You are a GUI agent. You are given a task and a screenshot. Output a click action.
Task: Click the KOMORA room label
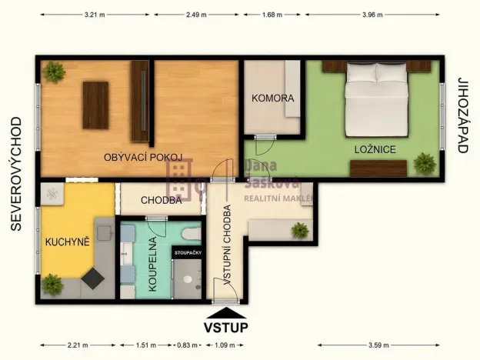(x=273, y=98)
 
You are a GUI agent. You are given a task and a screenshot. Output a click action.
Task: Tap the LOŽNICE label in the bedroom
(x=375, y=149)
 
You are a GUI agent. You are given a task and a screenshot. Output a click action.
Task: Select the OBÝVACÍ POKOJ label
(x=143, y=158)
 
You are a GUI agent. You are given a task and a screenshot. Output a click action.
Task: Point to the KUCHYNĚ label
(x=68, y=242)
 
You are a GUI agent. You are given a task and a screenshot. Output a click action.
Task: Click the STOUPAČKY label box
(x=188, y=253)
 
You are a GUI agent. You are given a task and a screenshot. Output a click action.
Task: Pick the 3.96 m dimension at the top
(x=372, y=15)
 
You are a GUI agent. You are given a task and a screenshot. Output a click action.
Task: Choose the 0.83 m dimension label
(x=188, y=345)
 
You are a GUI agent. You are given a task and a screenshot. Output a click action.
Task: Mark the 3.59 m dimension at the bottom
(x=378, y=345)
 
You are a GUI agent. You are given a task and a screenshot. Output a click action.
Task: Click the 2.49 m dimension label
(x=196, y=15)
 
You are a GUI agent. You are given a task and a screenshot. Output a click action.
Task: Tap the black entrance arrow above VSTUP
(x=226, y=314)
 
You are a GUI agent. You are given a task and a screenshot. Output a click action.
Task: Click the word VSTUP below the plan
(x=226, y=327)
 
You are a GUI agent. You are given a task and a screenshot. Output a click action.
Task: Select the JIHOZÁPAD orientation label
(x=463, y=115)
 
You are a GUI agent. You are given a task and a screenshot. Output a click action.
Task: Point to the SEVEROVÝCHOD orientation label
(x=16, y=174)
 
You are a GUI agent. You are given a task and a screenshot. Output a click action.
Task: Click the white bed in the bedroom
(x=376, y=99)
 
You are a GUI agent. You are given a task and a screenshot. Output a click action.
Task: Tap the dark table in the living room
(x=95, y=105)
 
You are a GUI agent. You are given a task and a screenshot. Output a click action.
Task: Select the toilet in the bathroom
(x=192, y=234)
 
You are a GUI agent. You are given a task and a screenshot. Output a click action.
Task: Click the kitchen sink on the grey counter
(x=105, y=232)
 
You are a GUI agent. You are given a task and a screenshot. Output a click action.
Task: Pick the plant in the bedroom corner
(x=425, y=163)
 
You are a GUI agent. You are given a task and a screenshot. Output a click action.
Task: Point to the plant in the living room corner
(x=54, y=72)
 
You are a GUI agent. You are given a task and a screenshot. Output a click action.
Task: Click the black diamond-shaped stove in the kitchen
(x=93, y=278)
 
